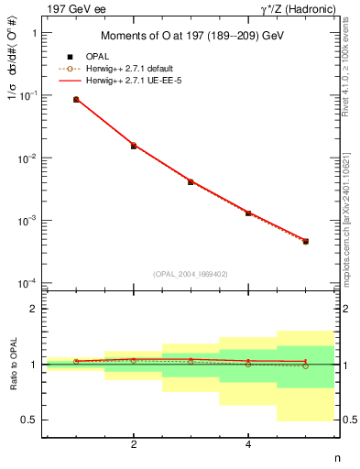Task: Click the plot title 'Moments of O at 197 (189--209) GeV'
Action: pos(191,37)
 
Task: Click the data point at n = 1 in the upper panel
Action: pos(76,99)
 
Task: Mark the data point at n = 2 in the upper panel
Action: pos(134,146)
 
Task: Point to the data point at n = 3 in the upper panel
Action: pos(191,181)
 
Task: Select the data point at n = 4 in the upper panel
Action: pos(248,213)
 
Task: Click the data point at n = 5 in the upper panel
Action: pos(305,241)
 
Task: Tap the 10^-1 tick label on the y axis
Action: pos(30,95)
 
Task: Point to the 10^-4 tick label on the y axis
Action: pos(30,283)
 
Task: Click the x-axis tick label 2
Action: pos(134,444)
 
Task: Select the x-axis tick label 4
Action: pos(248,444)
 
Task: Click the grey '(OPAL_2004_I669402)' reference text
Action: pos(191,272)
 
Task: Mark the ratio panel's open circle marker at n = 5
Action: pos(305,365)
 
